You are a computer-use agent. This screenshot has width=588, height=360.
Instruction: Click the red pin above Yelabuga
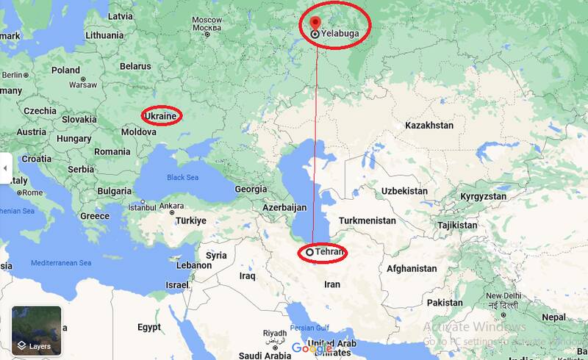click(315, 23)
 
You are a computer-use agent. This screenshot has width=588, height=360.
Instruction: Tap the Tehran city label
click(329, 252)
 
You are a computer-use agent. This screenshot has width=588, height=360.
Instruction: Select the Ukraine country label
click(161, 116)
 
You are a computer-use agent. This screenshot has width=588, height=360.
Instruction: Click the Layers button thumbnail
click(37, 331)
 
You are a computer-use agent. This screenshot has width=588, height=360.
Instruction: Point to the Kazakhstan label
click(429, 126)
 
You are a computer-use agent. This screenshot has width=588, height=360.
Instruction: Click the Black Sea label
click(183, 177)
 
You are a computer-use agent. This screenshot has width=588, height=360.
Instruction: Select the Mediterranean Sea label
click(61, 262)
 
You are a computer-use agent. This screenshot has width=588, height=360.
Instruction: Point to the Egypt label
click(150, 326)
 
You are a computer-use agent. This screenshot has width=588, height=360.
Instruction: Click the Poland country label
click(65, 71)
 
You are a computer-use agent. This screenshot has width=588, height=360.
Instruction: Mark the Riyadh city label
click(274, 333)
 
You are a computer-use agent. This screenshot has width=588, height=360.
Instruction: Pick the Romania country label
click(112, 151)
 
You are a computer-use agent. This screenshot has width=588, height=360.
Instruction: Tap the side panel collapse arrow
click(4, 168)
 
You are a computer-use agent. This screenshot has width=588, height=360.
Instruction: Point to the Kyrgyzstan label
click(483, 197)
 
